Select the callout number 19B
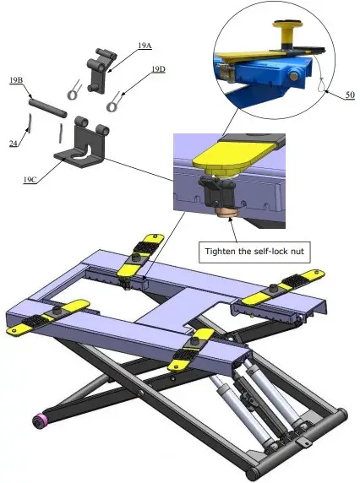point(15,80)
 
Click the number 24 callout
point(14,144)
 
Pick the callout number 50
point(349,95)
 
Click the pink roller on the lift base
point(39,420)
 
